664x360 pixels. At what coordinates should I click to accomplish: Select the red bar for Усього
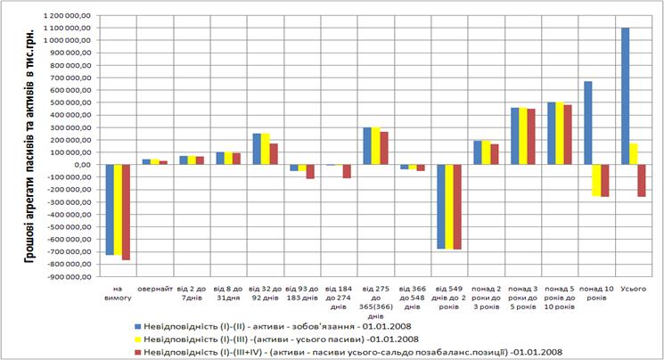[x=641, y=180]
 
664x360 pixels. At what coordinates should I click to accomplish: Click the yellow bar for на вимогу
[x=117, y=209]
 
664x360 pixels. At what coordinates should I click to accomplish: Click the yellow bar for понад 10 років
[x=596, y=180]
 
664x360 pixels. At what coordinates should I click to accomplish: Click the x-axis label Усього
[x=633, y=289]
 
